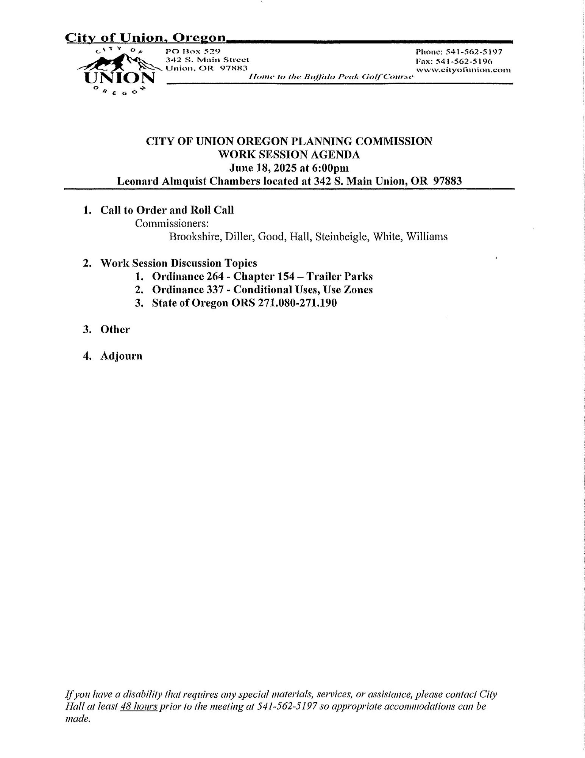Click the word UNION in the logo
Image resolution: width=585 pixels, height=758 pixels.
tap(120, 78)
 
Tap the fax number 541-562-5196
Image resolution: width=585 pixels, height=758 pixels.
tap(469, 61)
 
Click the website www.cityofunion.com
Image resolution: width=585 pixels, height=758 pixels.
tap(463, 70)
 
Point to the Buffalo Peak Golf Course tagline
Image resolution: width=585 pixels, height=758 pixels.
tap(330, 77)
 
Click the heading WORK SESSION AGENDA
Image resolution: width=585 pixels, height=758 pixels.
tap(289, 155)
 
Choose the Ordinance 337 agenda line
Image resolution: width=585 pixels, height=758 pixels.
tap(262, 290)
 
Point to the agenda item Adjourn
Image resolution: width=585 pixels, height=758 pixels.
tap(121, 356)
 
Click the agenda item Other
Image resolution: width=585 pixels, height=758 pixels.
tap(115, 330)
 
